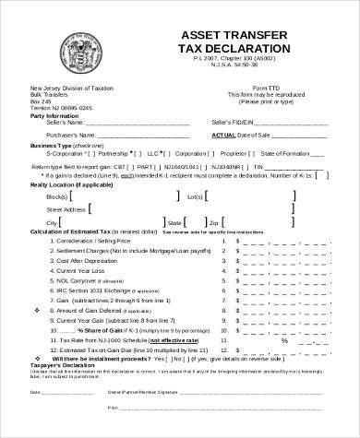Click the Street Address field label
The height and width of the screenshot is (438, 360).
(x=53, y=209)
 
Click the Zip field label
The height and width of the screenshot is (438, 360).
(x=213, y=223)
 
